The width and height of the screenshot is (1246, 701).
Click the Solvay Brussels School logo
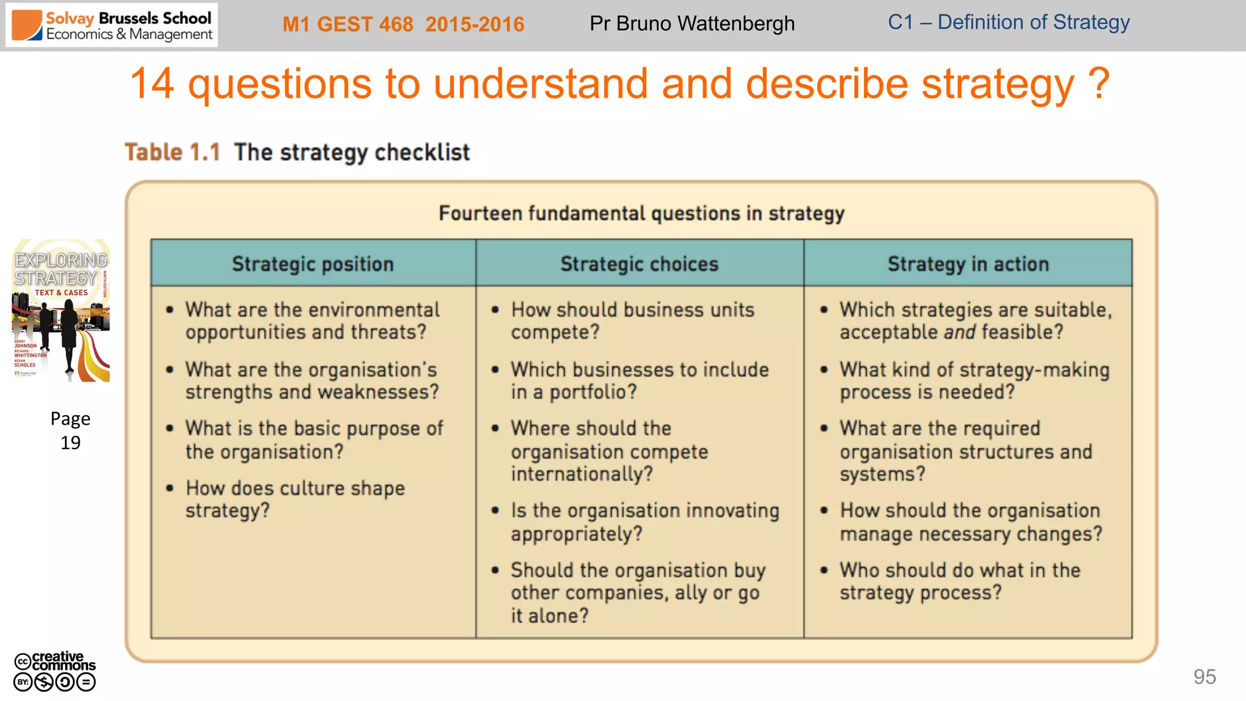click(x=111, y=26)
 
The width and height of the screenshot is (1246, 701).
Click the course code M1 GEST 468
click(x=347, y=24)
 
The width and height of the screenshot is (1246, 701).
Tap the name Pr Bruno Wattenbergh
click(x=692, y=24)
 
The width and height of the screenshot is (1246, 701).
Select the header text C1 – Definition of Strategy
click(x=1008, y=23)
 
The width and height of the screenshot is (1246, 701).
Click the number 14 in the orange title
click(x=152, y=84)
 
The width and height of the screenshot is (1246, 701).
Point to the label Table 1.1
click(x=172, y=152)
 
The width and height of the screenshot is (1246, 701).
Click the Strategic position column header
click(x=313, y=264)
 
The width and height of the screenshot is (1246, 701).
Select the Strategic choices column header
click(x=639, y=264)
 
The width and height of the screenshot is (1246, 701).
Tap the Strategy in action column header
click(x=967, y=264)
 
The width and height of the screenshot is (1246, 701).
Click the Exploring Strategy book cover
click(x=61, y=310)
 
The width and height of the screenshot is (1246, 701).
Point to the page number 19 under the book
click(x=70, y=442)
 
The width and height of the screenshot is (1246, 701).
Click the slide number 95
click(x=1204, y=677)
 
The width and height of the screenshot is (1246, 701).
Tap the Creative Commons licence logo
click(x=55, y=671)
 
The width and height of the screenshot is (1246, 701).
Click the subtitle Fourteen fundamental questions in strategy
click(x=641, y=214)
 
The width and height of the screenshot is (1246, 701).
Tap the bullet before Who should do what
click(x=824, y=570)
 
